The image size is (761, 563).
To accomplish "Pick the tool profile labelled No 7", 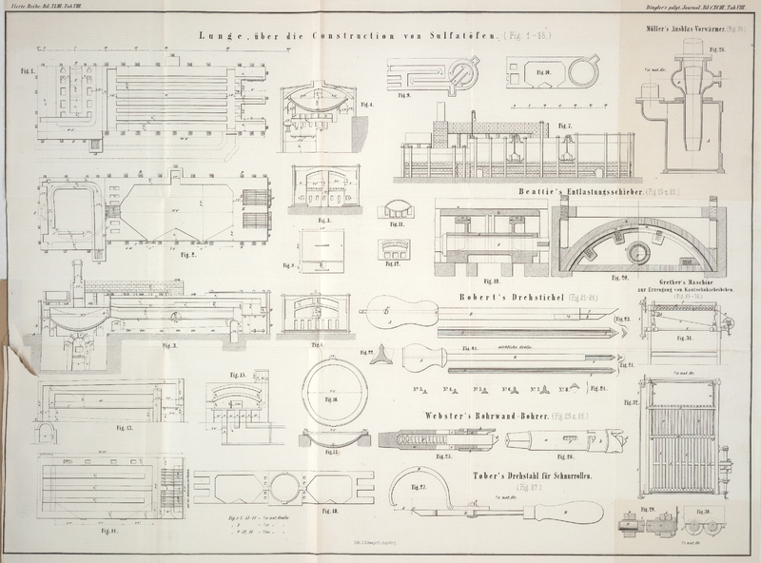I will point(543,390).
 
